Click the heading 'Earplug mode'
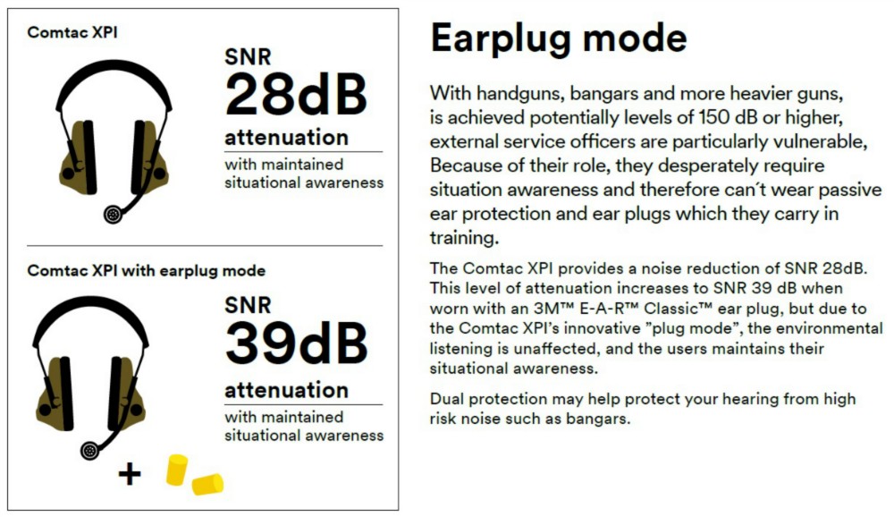pyautogui.click(x=559, y=38)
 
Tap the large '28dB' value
pyautogui.click(x=296, y=95)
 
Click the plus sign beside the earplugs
pyautogui.click(x=130, y=474)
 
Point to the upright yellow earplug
pyautogui.click(x=177, y=470)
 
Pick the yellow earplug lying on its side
pyautogui.click(x=207, y=484)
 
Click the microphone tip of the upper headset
pyautogui.click(x=113, y=214)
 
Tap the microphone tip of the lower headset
pyautogui.click(x=89, y=451)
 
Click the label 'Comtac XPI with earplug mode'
pyautogui.click(x=147, y=270)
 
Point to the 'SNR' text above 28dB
pyautogui.click(x=248, y=57)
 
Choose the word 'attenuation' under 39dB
pyautogui.click(x=286, y=390)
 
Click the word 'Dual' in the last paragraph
pyautogui.click(x=446, y=399)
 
